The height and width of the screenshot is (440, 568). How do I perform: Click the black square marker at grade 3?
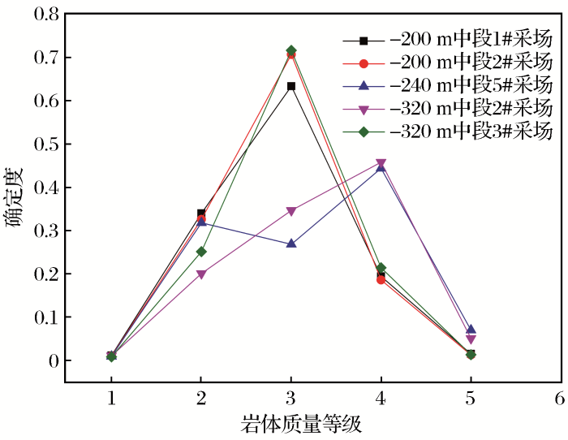(x=291, y=86)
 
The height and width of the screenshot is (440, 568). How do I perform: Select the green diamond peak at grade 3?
(x=291, y=51)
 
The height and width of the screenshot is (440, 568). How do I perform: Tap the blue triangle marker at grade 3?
(x=291, y=244)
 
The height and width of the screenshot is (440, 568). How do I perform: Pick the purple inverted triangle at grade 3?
(x=291, y=211)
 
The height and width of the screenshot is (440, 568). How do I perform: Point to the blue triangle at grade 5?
(x=471, y=330)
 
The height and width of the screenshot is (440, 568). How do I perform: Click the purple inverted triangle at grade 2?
(x=201, y=274)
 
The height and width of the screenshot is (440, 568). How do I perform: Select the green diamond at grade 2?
(x=201, y=252)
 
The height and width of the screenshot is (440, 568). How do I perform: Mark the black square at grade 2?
(x=201, y=214)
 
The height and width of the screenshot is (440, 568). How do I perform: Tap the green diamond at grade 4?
(x=381, y=268)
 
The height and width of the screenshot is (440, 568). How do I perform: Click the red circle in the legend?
(x=364, y=63)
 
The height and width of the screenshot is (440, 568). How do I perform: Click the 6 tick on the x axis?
(x=560, y=397)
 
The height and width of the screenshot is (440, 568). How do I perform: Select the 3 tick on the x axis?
(x=291, y=397)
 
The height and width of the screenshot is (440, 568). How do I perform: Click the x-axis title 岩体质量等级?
(x=301, y=424)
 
